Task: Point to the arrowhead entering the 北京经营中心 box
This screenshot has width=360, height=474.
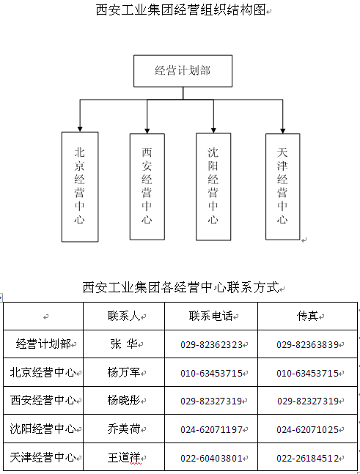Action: pyautogui.click(x=80, y=129)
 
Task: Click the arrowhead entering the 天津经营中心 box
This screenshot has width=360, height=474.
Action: pyautogui.click(x=282, y=131)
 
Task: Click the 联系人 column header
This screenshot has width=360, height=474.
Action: pyautogui.click(x=124, y=316)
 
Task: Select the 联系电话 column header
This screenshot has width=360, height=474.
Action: pyautogui.click(x=211, y=316)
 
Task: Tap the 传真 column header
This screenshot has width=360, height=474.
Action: pyautogui.click(x=307, y=316)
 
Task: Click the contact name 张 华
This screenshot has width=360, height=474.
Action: pyautogui.click(x=124, y=344)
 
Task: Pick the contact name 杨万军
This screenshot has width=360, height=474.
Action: pyautogui.click(x=124, y=372)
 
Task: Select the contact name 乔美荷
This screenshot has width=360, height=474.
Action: pyautogui.click(x=124, y=429)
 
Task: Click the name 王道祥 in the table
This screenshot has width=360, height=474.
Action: pyautogui.click(x=124, y=457)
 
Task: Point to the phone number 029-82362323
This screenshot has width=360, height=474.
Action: pyautogui.click(x=211, y=344)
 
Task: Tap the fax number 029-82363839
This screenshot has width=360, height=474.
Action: pyautogui.click(x=307, y=344)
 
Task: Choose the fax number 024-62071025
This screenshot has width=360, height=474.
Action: pyautogui.click(x=307, y=429)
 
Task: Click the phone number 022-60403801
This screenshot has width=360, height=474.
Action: pyautogui.click(x=211, y=459)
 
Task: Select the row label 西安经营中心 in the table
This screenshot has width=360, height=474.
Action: pyautogui.click(x=43, y=400)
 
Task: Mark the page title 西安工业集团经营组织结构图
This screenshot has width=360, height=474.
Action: pyautogui.click(x=180, y=10)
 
